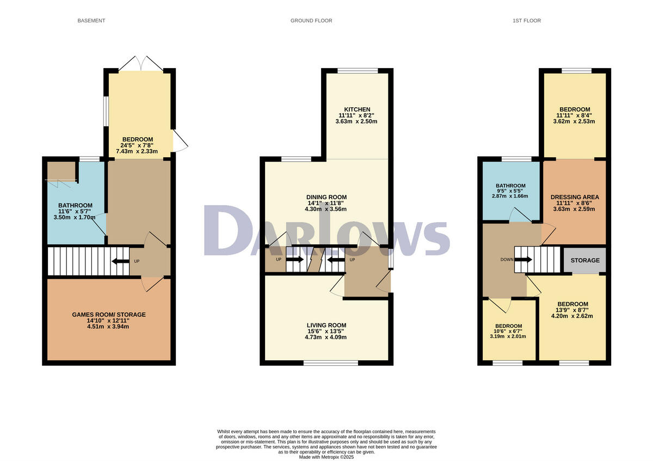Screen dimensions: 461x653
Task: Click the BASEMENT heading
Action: pos(91,21)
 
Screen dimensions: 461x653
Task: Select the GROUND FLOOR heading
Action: pos(311,21)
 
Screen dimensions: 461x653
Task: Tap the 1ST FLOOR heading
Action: pos(526,21)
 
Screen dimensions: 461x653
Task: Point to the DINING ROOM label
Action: pos(326,197)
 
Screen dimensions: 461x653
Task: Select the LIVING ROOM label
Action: pos(326,324)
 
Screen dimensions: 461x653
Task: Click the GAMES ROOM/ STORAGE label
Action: pos(109,315)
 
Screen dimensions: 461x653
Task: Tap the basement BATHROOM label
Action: pos(75,205)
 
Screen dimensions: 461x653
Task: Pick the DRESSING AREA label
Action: pos(575,197)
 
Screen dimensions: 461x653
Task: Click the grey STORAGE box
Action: pos(585,260)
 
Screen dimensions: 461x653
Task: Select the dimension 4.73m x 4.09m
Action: pos(326,337)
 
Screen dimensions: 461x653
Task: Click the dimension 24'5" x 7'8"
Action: pos(138,145)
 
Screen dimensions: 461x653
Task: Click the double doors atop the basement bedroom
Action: pos(140,63)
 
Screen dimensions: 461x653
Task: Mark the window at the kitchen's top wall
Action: pos(357,70)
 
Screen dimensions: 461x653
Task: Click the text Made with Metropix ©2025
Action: pos(326,457)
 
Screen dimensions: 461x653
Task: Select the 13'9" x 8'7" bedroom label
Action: pos(572,310)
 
